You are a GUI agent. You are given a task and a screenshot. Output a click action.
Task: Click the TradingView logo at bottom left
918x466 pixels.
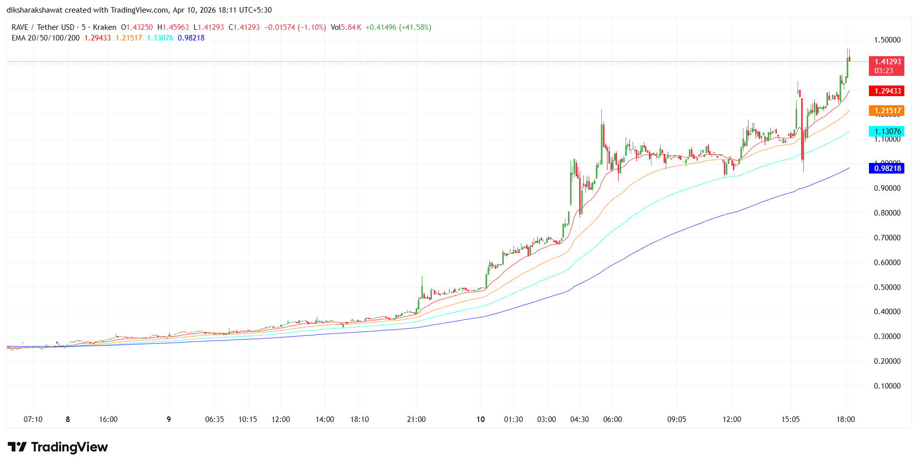point(58,447)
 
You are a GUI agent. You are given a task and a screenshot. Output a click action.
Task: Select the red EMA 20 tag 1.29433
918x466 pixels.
point(887,91)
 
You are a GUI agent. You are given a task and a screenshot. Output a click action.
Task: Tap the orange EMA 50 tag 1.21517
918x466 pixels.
point(887,111)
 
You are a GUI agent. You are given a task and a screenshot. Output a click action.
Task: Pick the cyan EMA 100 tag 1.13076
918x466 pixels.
point(887,132)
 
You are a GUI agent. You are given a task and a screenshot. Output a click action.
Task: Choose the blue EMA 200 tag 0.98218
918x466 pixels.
point(887,168)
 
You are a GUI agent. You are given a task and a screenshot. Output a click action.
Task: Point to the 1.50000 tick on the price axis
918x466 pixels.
point(887,40)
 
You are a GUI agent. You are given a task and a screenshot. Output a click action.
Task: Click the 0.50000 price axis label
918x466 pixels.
point(887,287)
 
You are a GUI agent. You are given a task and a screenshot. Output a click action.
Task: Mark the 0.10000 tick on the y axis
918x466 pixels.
point(887,386)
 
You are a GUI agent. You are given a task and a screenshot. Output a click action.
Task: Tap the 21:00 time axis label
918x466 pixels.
point(416,419)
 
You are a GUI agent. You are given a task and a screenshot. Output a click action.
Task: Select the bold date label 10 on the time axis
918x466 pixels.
point(480,419)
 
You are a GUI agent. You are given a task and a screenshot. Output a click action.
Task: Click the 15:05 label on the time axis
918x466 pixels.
point(791,419)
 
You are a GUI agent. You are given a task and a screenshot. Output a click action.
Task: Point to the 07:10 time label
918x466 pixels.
point(33,419)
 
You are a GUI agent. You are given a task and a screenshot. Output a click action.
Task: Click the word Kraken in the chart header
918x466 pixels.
point(105,27)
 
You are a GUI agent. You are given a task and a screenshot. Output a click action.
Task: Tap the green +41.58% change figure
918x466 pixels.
point(415,27)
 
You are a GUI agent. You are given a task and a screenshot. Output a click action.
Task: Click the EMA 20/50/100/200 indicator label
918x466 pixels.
point(46,38)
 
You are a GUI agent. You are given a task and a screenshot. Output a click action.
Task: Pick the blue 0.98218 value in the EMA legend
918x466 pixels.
point(191,38)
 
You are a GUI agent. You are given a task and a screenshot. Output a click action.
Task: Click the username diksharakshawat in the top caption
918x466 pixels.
point(34,10)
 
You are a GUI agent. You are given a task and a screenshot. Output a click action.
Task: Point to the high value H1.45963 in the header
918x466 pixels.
point(173,27)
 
